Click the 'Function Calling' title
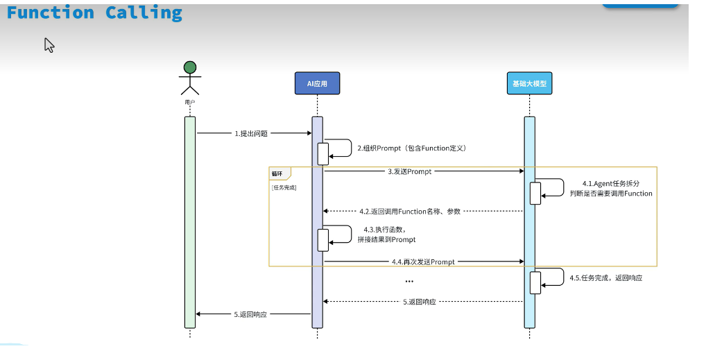pyautogui.click(x=94, y=12)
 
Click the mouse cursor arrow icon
pyautogui.click(x=49, y=45)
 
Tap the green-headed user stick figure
pyautogui.click(x=189, y=78)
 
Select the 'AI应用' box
pyautogui.click(x=317, y=83)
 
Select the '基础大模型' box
pyautogui.click(x=529, y=83)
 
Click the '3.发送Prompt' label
pyautogui.click(x=409, y=171)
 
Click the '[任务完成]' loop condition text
pyautogui.click(x=284, y=187)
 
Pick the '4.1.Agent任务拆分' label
pyautogui.click(x=610, y=184)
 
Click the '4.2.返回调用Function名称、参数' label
pyautogui.click(x=410, y=211)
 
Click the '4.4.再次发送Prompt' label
pyautogui.click(x=423, y=262)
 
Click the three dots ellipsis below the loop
pyautogui.click(x=409, y=282)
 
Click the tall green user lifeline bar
pyautogui.click(x=189, y=222)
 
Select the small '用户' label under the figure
pyautogui.click(x=189, y=102)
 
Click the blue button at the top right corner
pyautogui.click(x=639, y=3)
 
